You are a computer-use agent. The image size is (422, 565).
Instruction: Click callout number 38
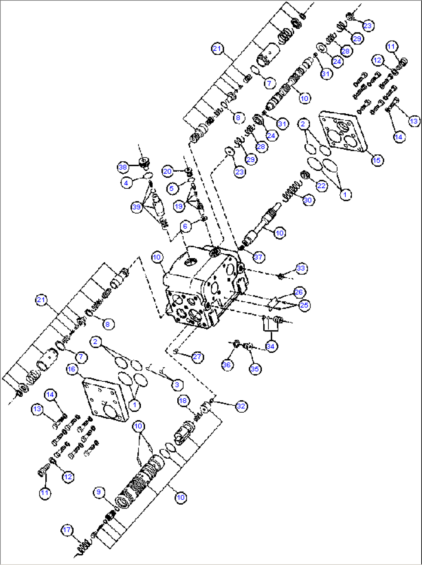(x=123, y=167)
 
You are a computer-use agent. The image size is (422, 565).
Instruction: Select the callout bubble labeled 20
(x=167, y=171)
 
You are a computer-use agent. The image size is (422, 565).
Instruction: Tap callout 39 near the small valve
(x=136, y=207)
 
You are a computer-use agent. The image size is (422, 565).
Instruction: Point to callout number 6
(x=185, y=226)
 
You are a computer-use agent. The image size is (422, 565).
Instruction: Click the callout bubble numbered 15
(x=377, y=160)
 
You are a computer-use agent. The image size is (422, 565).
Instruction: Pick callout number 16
(x=71, y=369)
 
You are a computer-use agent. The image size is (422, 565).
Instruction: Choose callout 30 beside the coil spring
(x=307, y=200)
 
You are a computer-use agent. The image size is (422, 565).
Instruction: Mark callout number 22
(x=322, y=186)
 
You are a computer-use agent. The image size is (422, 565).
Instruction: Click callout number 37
(x=258, y=257)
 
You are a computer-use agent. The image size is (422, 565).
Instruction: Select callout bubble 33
(x=301, y=268)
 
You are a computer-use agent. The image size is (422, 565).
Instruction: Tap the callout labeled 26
(x=299, y=292)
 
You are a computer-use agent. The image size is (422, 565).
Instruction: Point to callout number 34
(x=270, y=346)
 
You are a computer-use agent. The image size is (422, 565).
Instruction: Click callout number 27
(x=197, y=357)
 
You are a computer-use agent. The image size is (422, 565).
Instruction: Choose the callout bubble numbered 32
(x=241, y=406)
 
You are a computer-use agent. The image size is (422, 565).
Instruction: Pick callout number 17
(x=67, y=530)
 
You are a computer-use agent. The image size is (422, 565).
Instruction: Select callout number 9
(x=99, y=492)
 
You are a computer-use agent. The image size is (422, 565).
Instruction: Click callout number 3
(x=177, y=384)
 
